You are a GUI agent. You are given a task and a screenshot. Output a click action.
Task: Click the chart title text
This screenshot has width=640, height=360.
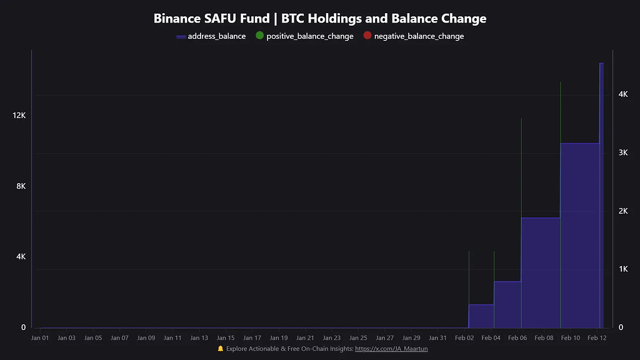[x=320, y=19]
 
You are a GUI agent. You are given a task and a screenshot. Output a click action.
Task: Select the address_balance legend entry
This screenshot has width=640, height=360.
[x=211, y=36]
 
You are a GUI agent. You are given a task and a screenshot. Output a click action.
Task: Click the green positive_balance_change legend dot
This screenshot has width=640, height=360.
[x=260, y=36]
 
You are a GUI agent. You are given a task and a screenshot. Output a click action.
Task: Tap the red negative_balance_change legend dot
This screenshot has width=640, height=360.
[x=367, y=36]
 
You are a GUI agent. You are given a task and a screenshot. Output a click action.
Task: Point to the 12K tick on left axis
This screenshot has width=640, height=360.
[x=19, y=116]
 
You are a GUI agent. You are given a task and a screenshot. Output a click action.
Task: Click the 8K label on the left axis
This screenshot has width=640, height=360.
[x=19, y=186]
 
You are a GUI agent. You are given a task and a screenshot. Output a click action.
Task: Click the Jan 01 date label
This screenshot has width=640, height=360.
[x=40, y=338]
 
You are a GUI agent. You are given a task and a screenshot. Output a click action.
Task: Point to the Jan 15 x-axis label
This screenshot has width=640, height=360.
[x=226, y=338]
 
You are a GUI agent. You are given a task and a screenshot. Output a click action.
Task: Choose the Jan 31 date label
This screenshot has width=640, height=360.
[x=438, y=338]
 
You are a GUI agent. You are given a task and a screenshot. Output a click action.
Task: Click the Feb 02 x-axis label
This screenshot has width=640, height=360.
[x=464, y=338]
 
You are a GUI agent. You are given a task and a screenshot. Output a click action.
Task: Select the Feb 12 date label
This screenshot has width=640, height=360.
[x=597, y=338]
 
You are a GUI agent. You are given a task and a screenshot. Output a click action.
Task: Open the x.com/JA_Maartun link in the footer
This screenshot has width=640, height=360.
[x=391, y=349]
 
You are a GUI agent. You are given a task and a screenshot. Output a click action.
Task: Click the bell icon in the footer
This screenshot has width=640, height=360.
[x=220, y=349]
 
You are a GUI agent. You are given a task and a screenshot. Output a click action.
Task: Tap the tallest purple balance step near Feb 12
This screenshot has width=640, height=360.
[x=601, y=194]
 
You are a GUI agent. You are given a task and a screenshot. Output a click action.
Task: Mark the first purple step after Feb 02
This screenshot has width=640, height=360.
[x=481, y=316]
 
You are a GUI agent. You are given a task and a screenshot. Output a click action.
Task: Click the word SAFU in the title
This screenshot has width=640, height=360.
[x=221, y=19]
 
